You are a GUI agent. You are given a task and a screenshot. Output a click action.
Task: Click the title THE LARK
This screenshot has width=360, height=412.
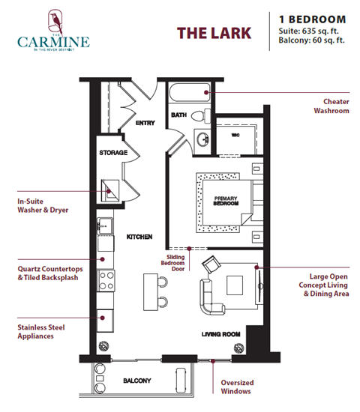(x=214, y=33)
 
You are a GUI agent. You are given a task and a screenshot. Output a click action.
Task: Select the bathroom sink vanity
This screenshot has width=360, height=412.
(x=201, y=139)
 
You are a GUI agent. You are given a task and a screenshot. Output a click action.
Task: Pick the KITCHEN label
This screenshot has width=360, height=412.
(x=139, y=237)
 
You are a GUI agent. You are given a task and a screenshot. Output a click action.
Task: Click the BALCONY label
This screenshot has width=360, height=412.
(x=138, y=381)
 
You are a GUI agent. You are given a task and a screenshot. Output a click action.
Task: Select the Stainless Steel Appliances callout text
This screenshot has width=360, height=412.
(x=37, y=331)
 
